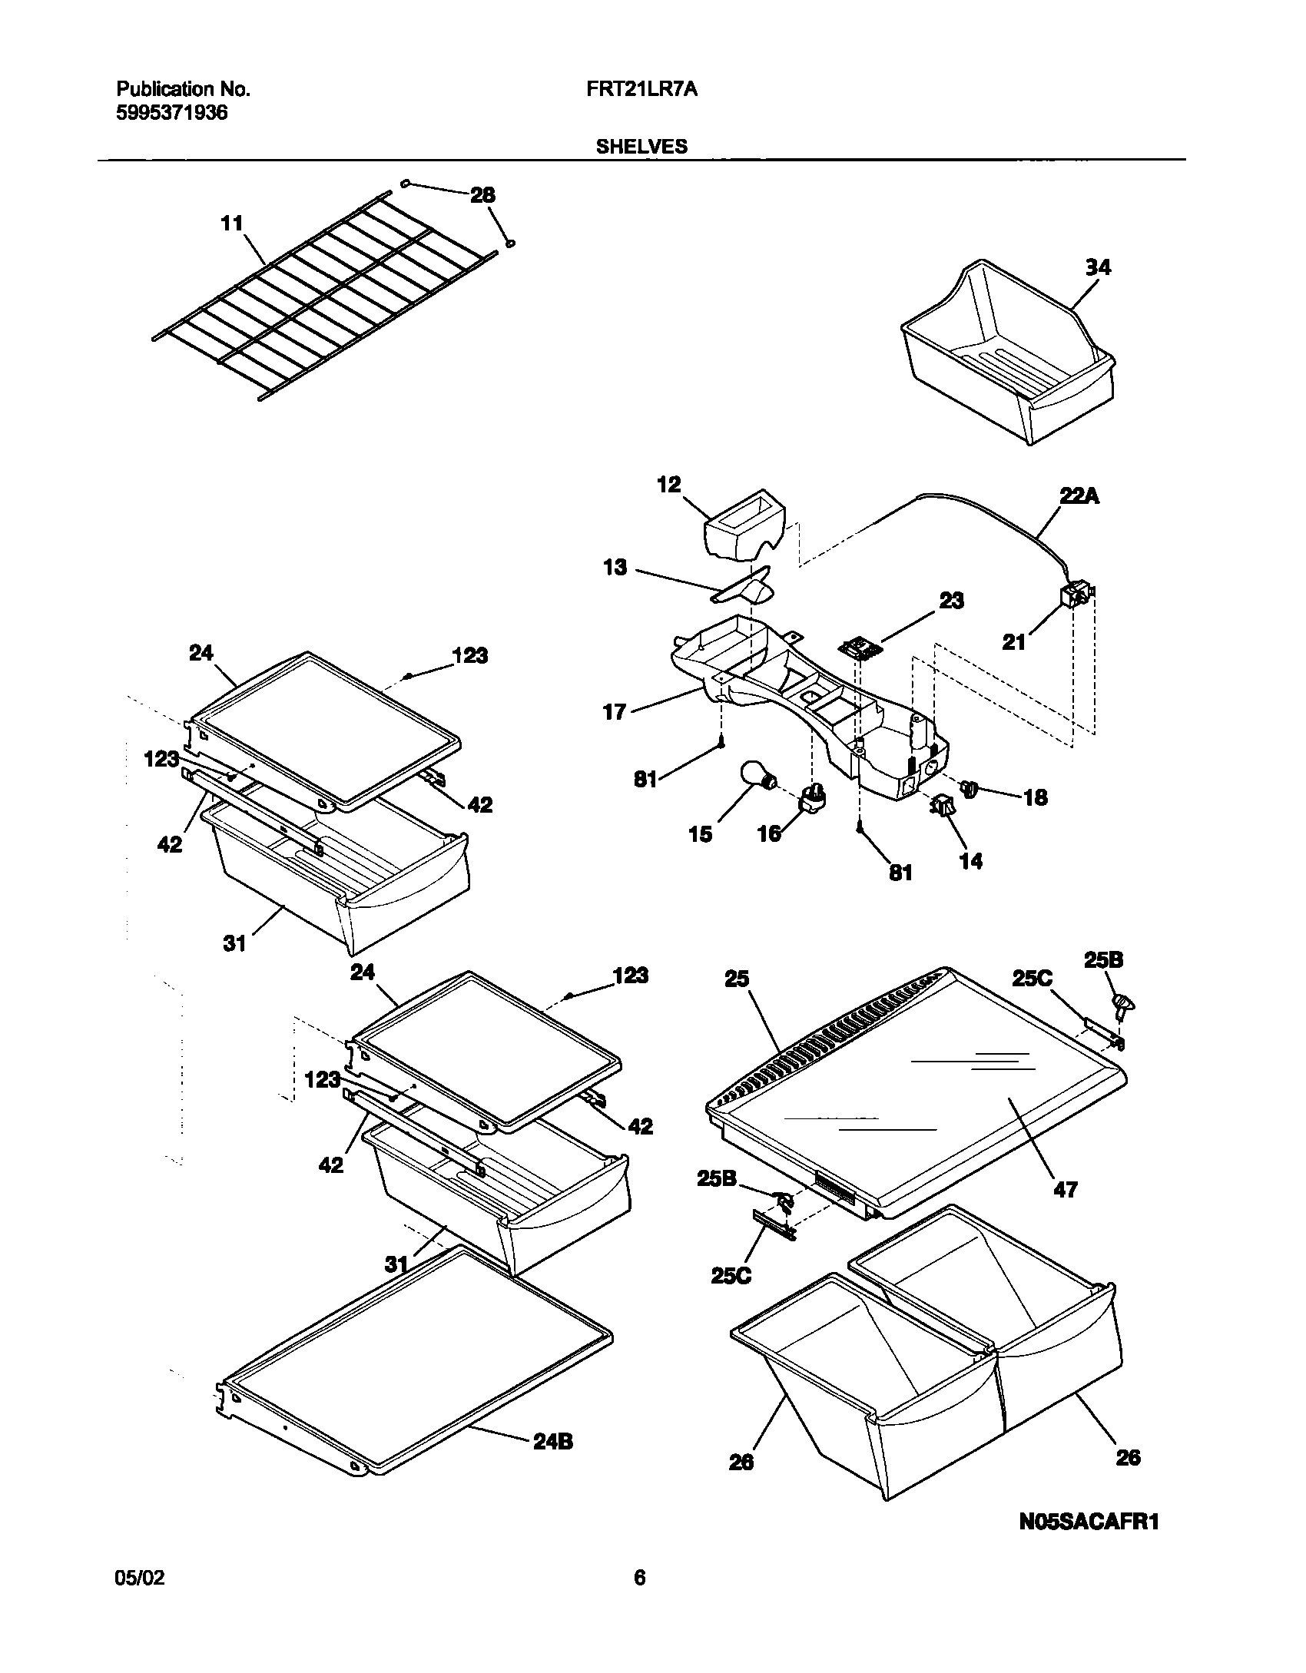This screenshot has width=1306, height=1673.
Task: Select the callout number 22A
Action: tap(1079, 497)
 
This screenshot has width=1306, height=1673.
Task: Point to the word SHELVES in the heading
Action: tap(641, 147)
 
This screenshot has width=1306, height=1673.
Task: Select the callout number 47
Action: tap(1065, 1190)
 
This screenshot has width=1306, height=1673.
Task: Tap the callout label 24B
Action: tap(552, 1442)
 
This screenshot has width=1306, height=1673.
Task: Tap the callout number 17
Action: tap(615, 712)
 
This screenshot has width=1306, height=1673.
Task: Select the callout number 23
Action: tap(951, 600)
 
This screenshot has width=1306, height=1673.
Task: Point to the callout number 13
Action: tap(615, 568)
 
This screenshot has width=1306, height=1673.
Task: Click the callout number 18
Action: tap(1035, 797)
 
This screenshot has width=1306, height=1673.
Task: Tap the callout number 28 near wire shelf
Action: tap(482, 195)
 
